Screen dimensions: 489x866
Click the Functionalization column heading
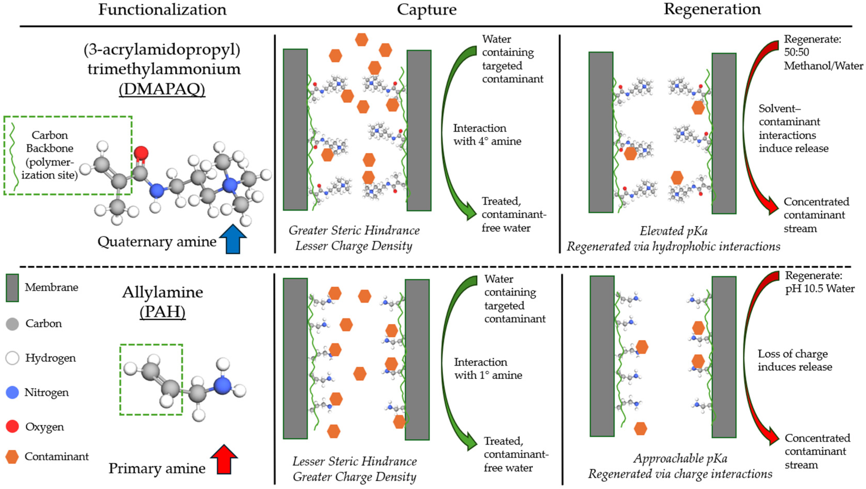click(162, 9)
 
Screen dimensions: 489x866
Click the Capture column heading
click(426, 9)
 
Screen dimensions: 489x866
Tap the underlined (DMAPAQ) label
click(162, 89)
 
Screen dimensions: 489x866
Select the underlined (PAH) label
click(162, 312)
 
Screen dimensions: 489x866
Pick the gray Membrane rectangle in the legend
click(12, 288)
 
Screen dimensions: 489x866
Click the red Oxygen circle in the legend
click(12, 427)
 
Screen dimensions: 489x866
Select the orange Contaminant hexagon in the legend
click(12, 457)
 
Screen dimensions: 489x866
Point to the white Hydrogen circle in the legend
click(12, 358)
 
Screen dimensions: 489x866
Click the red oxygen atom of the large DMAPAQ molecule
click(141, 153)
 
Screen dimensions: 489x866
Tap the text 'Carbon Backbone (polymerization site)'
click(50, 155)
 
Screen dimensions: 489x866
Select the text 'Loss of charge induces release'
click(794, 360)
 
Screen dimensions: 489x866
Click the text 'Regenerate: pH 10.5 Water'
click(819, 282)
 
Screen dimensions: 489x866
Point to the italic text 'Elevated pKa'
click(673, 231)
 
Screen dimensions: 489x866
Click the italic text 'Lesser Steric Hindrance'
click(355, 462)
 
